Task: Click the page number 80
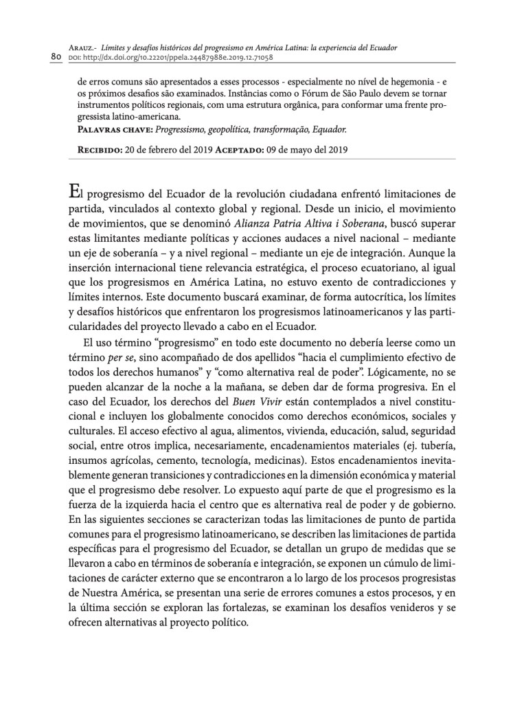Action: [x=56, y=56]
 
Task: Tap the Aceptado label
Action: [x=240, y=149]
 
